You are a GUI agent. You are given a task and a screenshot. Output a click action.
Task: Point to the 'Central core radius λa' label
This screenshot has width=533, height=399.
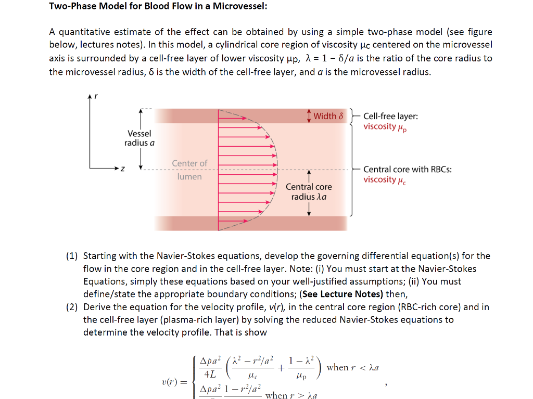[309, 191]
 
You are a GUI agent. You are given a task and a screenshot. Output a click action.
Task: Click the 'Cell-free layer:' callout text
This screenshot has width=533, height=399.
[390, 117]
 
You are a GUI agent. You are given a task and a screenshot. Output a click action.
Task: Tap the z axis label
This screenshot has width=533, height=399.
[122, 169]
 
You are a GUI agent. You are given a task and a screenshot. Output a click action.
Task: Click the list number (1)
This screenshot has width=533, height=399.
[72, 256]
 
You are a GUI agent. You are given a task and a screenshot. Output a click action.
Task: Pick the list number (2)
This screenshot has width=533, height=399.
[72, 307]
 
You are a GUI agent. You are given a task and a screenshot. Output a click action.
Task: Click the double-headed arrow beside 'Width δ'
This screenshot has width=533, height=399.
[309, 115]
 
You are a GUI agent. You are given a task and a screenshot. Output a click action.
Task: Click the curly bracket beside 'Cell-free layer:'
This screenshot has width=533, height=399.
[354, 116]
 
